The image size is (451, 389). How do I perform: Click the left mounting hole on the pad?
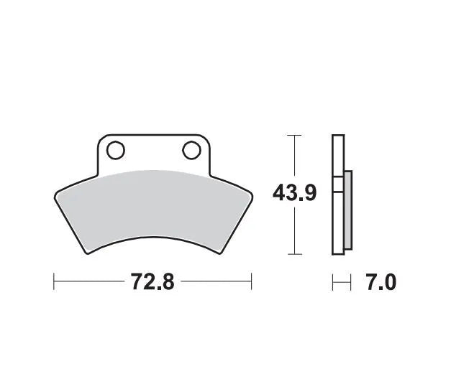pyautogui.click(x=115, y=151)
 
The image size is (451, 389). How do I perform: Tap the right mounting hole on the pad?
pyautogui.click(x=191, y=150)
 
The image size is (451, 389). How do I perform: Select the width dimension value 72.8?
pyautogui.click(x=152, y=281)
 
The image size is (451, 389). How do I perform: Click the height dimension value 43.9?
pyautogui.click(x=294, y=193)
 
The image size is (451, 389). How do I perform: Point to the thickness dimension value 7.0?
pyautogui.click(x=381, y=282)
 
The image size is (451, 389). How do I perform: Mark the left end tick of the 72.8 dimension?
pyautogui.click(x=54, y=281)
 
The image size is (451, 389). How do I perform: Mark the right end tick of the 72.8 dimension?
pyautogui.click(x=250, y=281)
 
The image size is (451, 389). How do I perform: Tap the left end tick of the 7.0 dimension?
pyautogui.click(x=333, y=282)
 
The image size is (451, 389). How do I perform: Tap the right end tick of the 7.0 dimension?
pyautogui.click(x=350, y=282)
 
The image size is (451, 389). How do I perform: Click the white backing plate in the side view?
pyautogui.click(x=337, y=194)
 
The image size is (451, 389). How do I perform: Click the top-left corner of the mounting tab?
pyautogui.click(x=100, y=137)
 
